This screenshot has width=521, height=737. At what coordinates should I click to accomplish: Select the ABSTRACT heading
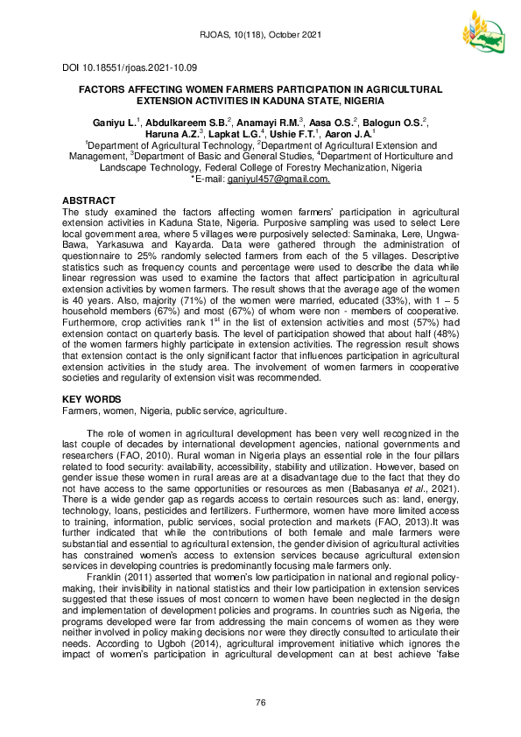(x=90, y=200)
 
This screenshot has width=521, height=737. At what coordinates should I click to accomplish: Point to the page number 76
(x=260, y=704)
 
